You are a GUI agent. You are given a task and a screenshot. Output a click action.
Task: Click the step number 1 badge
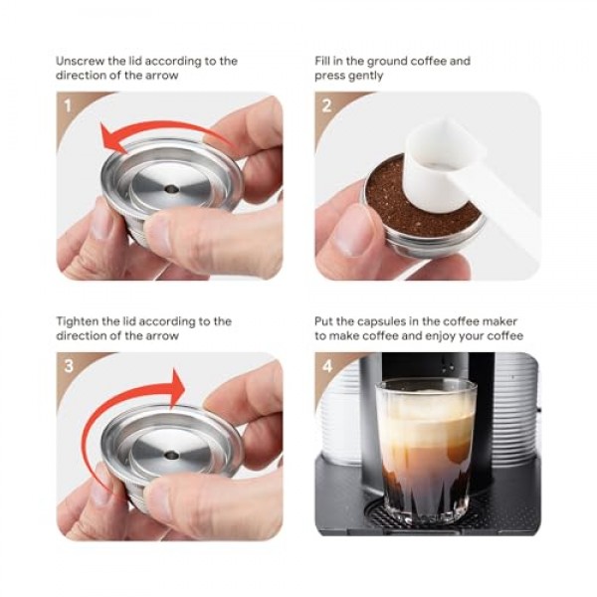pyautogui.click(x=68, y=105)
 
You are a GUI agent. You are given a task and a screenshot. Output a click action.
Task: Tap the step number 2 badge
pyautogui.click(x=326, y=105)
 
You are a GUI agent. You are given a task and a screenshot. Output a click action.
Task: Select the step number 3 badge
pyautogui.click(x=69, y=366)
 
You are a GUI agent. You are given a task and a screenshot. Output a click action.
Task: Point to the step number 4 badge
pyautogui.click(x=327, y=366)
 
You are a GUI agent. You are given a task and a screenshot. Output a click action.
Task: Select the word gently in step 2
pyautogui.click(x=365, y=76)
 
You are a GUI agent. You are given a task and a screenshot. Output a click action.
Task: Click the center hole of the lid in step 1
pyautogui.click(x=172, y=188)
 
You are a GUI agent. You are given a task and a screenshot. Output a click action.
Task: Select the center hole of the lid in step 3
pyautogui.click(x=172, y=454)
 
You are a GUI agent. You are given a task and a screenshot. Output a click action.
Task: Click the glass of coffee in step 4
pyautogui.click(x=426, y=450)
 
